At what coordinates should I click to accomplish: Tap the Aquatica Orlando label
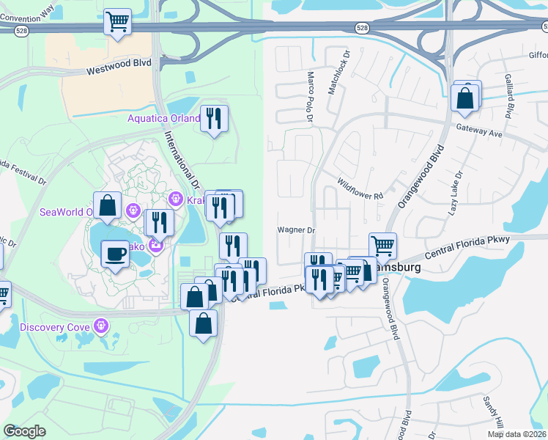163,118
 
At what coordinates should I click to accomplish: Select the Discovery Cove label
55,326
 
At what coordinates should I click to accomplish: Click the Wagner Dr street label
295,230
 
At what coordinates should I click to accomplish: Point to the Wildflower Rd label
360,191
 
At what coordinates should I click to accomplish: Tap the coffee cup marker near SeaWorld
114,254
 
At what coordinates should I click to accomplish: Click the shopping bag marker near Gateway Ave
465,97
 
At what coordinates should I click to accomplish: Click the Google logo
25,431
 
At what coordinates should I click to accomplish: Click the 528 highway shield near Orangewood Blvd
363,27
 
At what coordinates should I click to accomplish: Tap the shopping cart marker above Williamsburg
382,246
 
